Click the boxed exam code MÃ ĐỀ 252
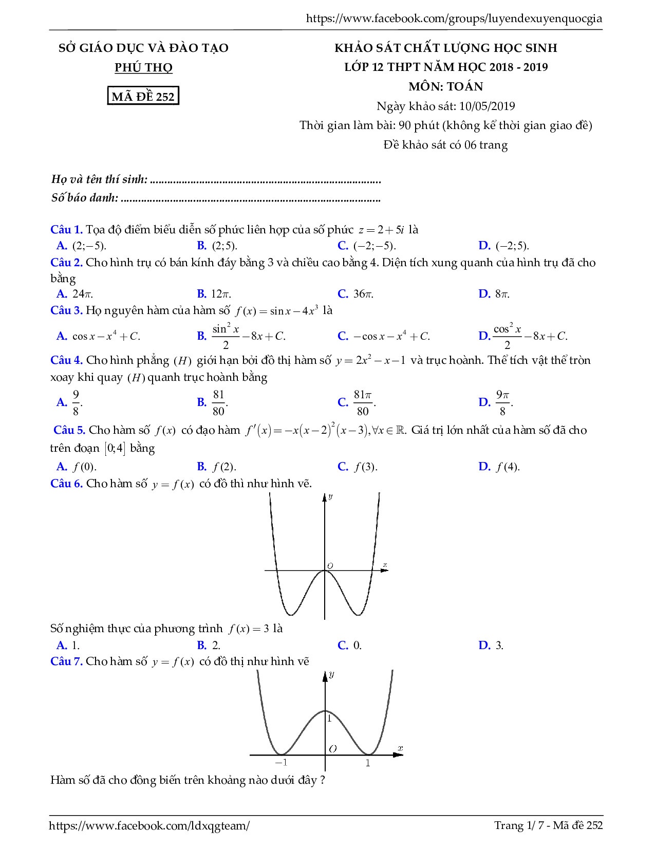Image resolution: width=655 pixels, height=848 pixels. (143, 96)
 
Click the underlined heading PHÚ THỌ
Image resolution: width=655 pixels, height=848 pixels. (143, 67)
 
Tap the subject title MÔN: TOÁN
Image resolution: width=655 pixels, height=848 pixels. (445, 86)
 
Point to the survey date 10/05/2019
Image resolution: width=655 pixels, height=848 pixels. (487, 106)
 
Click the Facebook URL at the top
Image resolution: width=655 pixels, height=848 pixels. (454, 19)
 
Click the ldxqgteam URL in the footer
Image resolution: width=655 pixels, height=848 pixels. (149, 825)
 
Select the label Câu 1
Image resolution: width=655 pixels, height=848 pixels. (66, 230)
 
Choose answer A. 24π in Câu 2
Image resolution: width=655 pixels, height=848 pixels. (74, 294)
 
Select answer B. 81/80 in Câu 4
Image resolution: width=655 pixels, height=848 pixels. (213, 402)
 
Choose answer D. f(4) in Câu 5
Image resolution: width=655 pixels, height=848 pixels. (499, 467)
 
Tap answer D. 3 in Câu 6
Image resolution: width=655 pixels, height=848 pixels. (491, 645)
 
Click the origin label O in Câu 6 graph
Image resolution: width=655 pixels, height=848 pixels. (330, 566)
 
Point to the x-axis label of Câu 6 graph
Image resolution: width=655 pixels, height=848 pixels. (385, 565)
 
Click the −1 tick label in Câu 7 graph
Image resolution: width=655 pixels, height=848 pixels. (280, 763)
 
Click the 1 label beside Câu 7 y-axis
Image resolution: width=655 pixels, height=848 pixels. (330, 718)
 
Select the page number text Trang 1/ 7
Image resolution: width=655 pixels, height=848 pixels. (516, 825)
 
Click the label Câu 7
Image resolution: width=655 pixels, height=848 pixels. (66, 661)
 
